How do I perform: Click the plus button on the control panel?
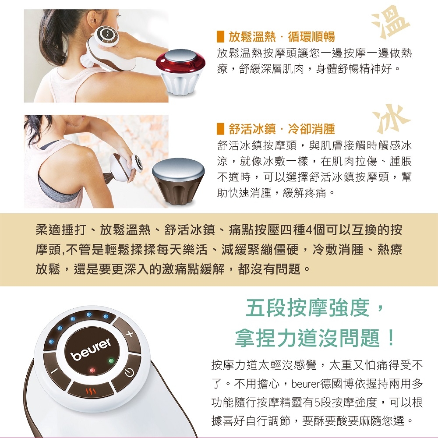[x=129, y=333]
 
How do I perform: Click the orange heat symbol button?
[x=91, y=391]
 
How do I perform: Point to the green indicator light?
[x=111, y=360]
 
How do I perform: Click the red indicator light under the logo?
[x=92, y=371]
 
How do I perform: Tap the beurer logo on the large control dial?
[x=91, y=349]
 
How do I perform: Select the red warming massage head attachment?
[x=181, y=72]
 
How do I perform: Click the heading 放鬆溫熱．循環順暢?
[x=282, y=37]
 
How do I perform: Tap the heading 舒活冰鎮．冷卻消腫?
[x=282, y=129]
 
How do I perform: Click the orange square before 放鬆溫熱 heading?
[x=220, y=37]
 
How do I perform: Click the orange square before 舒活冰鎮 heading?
[x=220, y=129]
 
